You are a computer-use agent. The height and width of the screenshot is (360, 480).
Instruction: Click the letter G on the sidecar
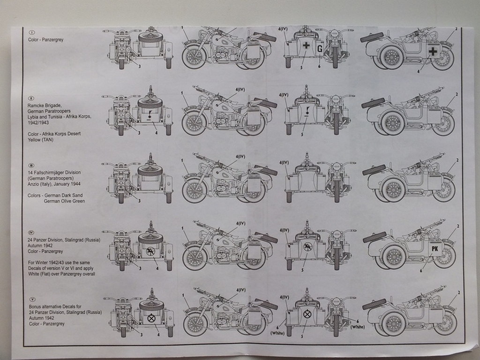(319, 48)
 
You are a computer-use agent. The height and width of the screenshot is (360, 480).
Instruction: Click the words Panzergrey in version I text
(53, 40)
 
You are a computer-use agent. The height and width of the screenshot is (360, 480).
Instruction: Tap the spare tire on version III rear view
(150, 171)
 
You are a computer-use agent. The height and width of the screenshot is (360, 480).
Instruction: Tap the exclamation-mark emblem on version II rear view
(150, 113)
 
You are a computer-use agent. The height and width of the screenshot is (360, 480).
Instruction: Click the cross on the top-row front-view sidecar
(306, 46)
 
